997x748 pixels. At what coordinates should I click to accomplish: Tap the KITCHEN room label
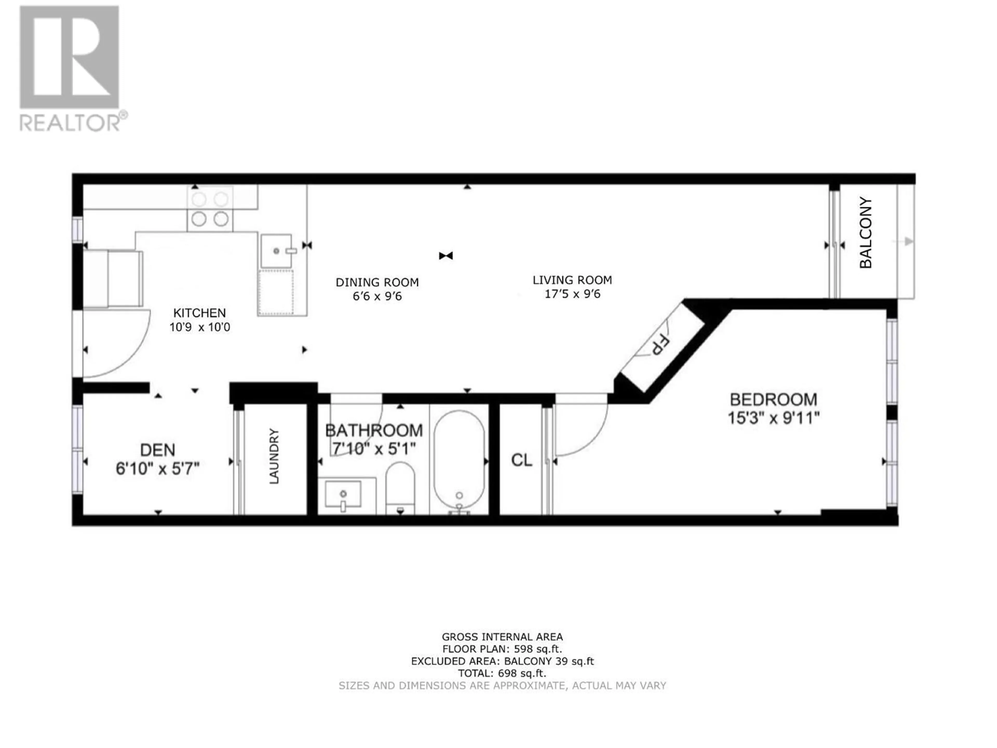pyautogui.click(x=200, y=313)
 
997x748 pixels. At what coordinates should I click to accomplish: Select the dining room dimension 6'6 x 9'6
pyautogui.click(x=377, y=297)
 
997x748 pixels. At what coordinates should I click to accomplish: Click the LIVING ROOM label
pyautogui.click(x=572, y=280)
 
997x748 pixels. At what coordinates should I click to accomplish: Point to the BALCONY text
pyautogui.click(x=866, y=233)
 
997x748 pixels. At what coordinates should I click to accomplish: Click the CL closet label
pyautogui.click(x=522, y=460)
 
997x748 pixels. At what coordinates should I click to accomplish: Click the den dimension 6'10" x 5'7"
pyautogui.click(x=158, y=469)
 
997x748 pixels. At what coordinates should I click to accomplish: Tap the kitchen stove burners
pyautogui.click(x=210, y=209)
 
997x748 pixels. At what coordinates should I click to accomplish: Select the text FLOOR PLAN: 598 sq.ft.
pyautogui.click(x=502, y=649)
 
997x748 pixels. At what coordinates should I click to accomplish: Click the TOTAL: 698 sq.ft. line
pyautogui.click(x=502, y=674)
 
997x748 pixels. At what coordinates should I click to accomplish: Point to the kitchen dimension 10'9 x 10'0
pyautogui.click(x=200, y=327)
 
